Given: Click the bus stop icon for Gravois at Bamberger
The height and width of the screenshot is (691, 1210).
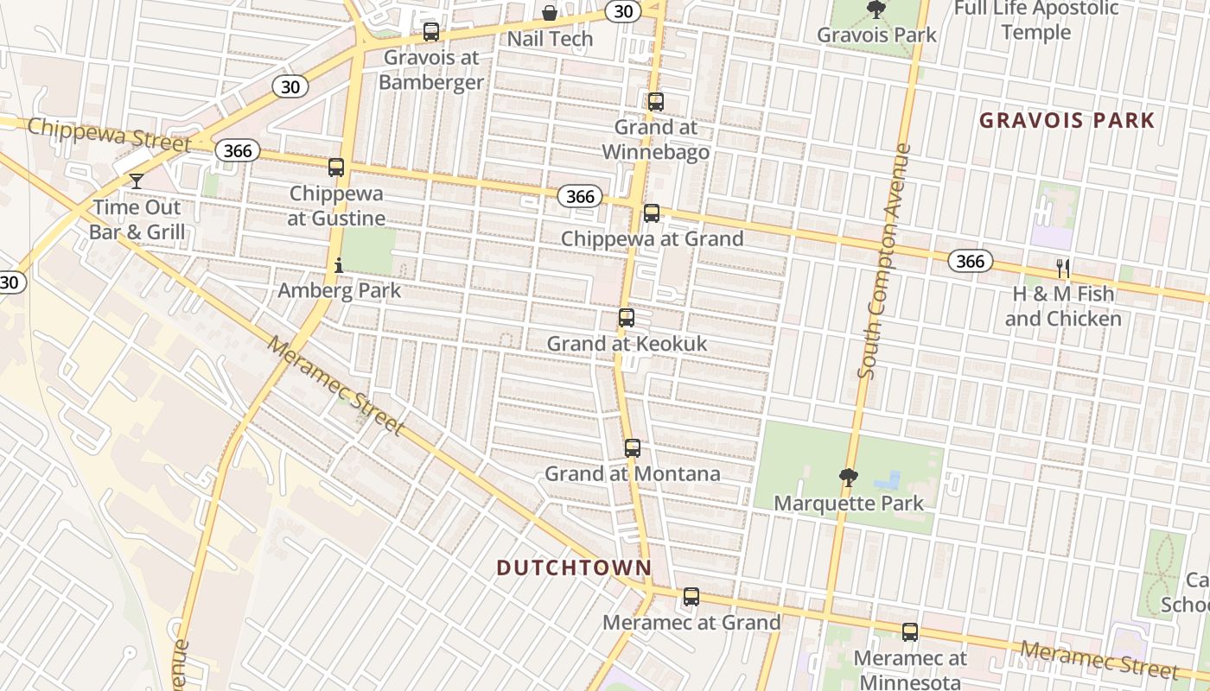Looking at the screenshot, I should point(430,32).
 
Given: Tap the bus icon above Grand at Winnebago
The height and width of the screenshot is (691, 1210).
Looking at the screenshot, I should point(656,101).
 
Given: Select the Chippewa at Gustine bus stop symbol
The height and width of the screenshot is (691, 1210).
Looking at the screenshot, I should point(336,168).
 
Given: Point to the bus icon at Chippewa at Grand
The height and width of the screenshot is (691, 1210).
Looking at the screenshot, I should point(652,212).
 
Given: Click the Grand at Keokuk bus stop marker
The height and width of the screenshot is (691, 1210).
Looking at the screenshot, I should point(627,318).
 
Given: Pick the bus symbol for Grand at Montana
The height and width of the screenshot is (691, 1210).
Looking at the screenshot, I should point(633,447).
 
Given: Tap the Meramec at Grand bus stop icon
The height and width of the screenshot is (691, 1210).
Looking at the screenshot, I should point(691,596).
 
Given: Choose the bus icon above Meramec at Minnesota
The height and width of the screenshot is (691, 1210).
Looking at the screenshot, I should point(910,631).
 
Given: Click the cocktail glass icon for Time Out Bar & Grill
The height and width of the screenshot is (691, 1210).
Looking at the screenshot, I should point(137,181).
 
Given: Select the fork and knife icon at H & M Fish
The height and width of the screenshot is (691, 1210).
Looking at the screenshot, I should point(1063,269).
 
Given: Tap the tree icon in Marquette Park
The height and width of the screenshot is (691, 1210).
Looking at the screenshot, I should point(849,477).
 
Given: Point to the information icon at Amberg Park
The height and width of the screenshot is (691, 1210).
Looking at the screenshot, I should point(339,265).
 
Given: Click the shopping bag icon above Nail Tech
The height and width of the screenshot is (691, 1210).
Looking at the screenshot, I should point(550,12).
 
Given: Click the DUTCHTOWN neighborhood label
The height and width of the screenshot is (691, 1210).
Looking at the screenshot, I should point(574,567).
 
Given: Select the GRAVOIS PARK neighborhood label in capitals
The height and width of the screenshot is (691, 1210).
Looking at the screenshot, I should point(1067,120).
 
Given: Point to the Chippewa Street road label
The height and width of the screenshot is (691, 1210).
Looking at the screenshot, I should point(108,136).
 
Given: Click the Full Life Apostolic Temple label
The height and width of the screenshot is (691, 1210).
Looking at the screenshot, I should point(1035,21).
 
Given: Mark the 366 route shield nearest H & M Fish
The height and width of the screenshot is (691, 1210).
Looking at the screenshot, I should point(971,261).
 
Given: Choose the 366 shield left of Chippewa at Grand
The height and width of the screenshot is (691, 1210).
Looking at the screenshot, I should point(580,196).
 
